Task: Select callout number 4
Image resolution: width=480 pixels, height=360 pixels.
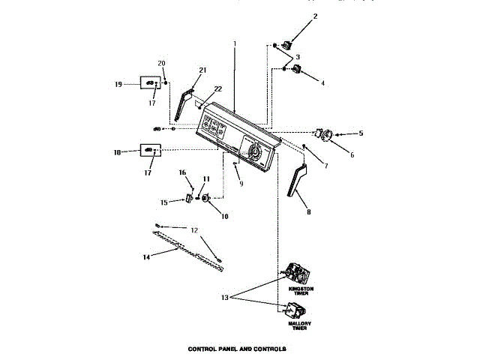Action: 322,84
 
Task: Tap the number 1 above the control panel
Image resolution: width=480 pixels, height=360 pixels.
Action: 234,43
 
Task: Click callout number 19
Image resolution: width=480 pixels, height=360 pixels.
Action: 118,85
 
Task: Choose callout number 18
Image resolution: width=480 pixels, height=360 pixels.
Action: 118,152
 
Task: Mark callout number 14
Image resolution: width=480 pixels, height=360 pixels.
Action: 146,256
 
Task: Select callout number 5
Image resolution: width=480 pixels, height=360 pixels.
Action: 361,133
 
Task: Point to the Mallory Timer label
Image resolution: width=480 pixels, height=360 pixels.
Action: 301,326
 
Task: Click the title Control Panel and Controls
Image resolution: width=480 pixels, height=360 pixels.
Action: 238,349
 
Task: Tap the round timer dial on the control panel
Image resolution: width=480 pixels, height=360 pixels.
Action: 254,154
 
